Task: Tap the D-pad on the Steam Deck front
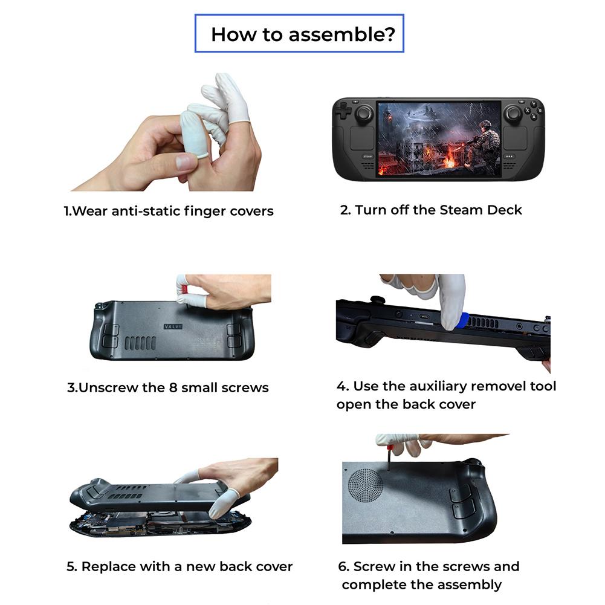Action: click(343, 111)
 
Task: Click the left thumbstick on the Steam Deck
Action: click(364, 114)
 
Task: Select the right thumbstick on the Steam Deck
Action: click(513, 114)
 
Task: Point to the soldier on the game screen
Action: click(483, 143)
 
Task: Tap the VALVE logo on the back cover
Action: click(173, 327)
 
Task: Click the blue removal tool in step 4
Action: click(464, 320)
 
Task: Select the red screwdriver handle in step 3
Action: click(184, 290)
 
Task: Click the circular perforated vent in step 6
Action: click(366, 485)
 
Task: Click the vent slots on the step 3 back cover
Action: click(140, 343)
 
